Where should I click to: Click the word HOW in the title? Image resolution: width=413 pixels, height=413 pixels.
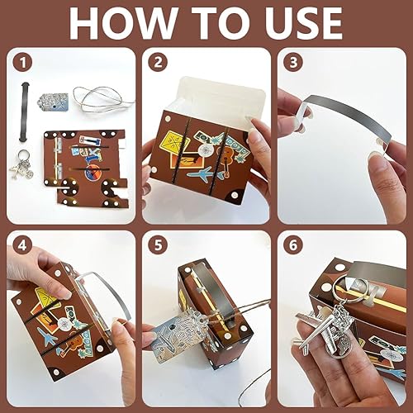(x=123, y=24)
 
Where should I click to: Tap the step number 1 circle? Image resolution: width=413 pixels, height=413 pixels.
(x=23, y=63)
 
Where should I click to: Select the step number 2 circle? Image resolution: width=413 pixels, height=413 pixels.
(x=158, y=63)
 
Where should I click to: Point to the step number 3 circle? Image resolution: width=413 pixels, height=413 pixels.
(x=293, y=63)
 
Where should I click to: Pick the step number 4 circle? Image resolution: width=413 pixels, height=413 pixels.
(x=23, y=245)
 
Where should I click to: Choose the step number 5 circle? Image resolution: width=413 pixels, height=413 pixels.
(x=158, y=245)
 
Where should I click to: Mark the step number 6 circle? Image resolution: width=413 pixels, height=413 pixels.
(x=293, y=245)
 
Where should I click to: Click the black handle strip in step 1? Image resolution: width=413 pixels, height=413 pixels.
(x=24, y=112)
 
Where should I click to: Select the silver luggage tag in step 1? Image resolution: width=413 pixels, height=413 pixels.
(x=53, y=101)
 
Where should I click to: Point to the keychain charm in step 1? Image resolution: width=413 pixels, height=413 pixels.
(x=23, y=164)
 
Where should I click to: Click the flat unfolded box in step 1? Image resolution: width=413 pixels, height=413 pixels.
(x=86, y=168)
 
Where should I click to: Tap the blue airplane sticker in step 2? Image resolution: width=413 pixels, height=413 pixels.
(x=204, y=173)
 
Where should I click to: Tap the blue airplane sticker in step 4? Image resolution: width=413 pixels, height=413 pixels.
(x=47, y=338)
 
